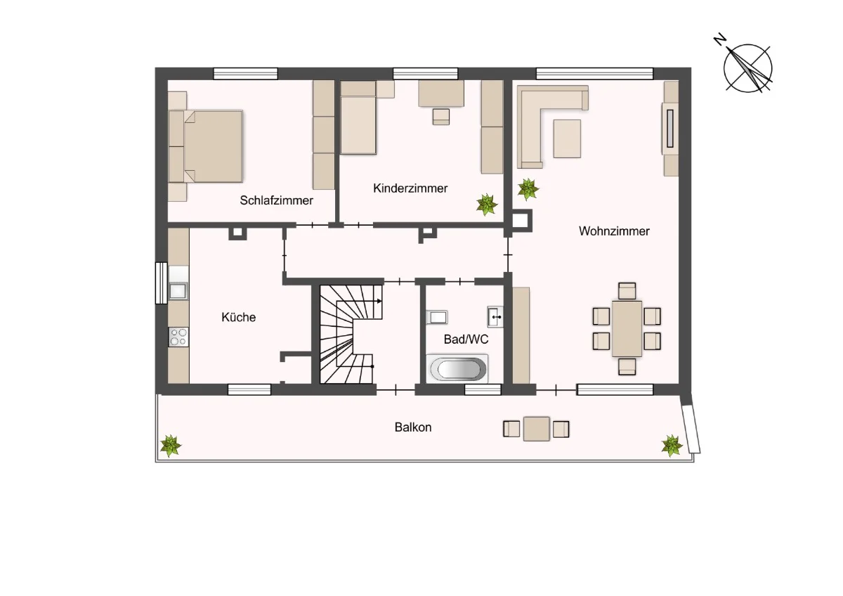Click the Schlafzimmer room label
[x=276, y=200]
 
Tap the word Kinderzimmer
[x=410, y=188]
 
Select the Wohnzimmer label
[x=614, y=231]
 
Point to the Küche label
[x=239, y=317]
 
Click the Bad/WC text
[x=466, y=339]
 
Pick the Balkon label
[x=413, y=427]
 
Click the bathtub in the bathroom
[x=457, y=368]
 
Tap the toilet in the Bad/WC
[x=437, y=318]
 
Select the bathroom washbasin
[x=495, y=317]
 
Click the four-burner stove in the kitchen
[x=178, y=337]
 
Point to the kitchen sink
[x=178, y=291]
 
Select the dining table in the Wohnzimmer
[x=627, y=328]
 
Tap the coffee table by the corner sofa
[x=567, y=138]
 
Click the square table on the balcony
[x=536, y=429]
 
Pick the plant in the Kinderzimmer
[x=487, y=205]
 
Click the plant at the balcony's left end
[x=171, y=446]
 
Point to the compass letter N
[x=719, y=39]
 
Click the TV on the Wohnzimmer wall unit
[x=670, y=129]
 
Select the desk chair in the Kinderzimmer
[x=440, y=117]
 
